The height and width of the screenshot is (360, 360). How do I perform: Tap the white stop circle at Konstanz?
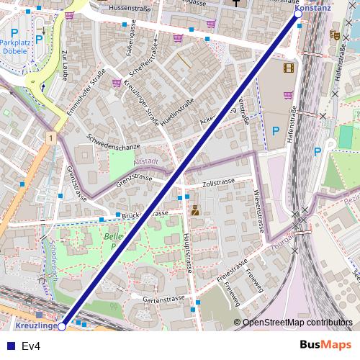point(298,14)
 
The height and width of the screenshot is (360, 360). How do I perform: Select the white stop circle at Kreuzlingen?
point(62,326)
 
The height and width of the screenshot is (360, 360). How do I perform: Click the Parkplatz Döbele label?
point(14,47)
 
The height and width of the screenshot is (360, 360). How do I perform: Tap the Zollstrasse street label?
point(220,184)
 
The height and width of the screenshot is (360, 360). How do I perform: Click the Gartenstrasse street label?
point(160,298)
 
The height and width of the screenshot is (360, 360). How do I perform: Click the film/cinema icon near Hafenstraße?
point(289,68)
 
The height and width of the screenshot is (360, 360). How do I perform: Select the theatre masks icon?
point(333,35)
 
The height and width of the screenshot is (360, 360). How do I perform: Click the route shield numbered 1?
point(51,137)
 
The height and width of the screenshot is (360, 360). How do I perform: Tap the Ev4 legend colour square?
point(11,346)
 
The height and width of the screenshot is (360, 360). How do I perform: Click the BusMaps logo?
point(326,346)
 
